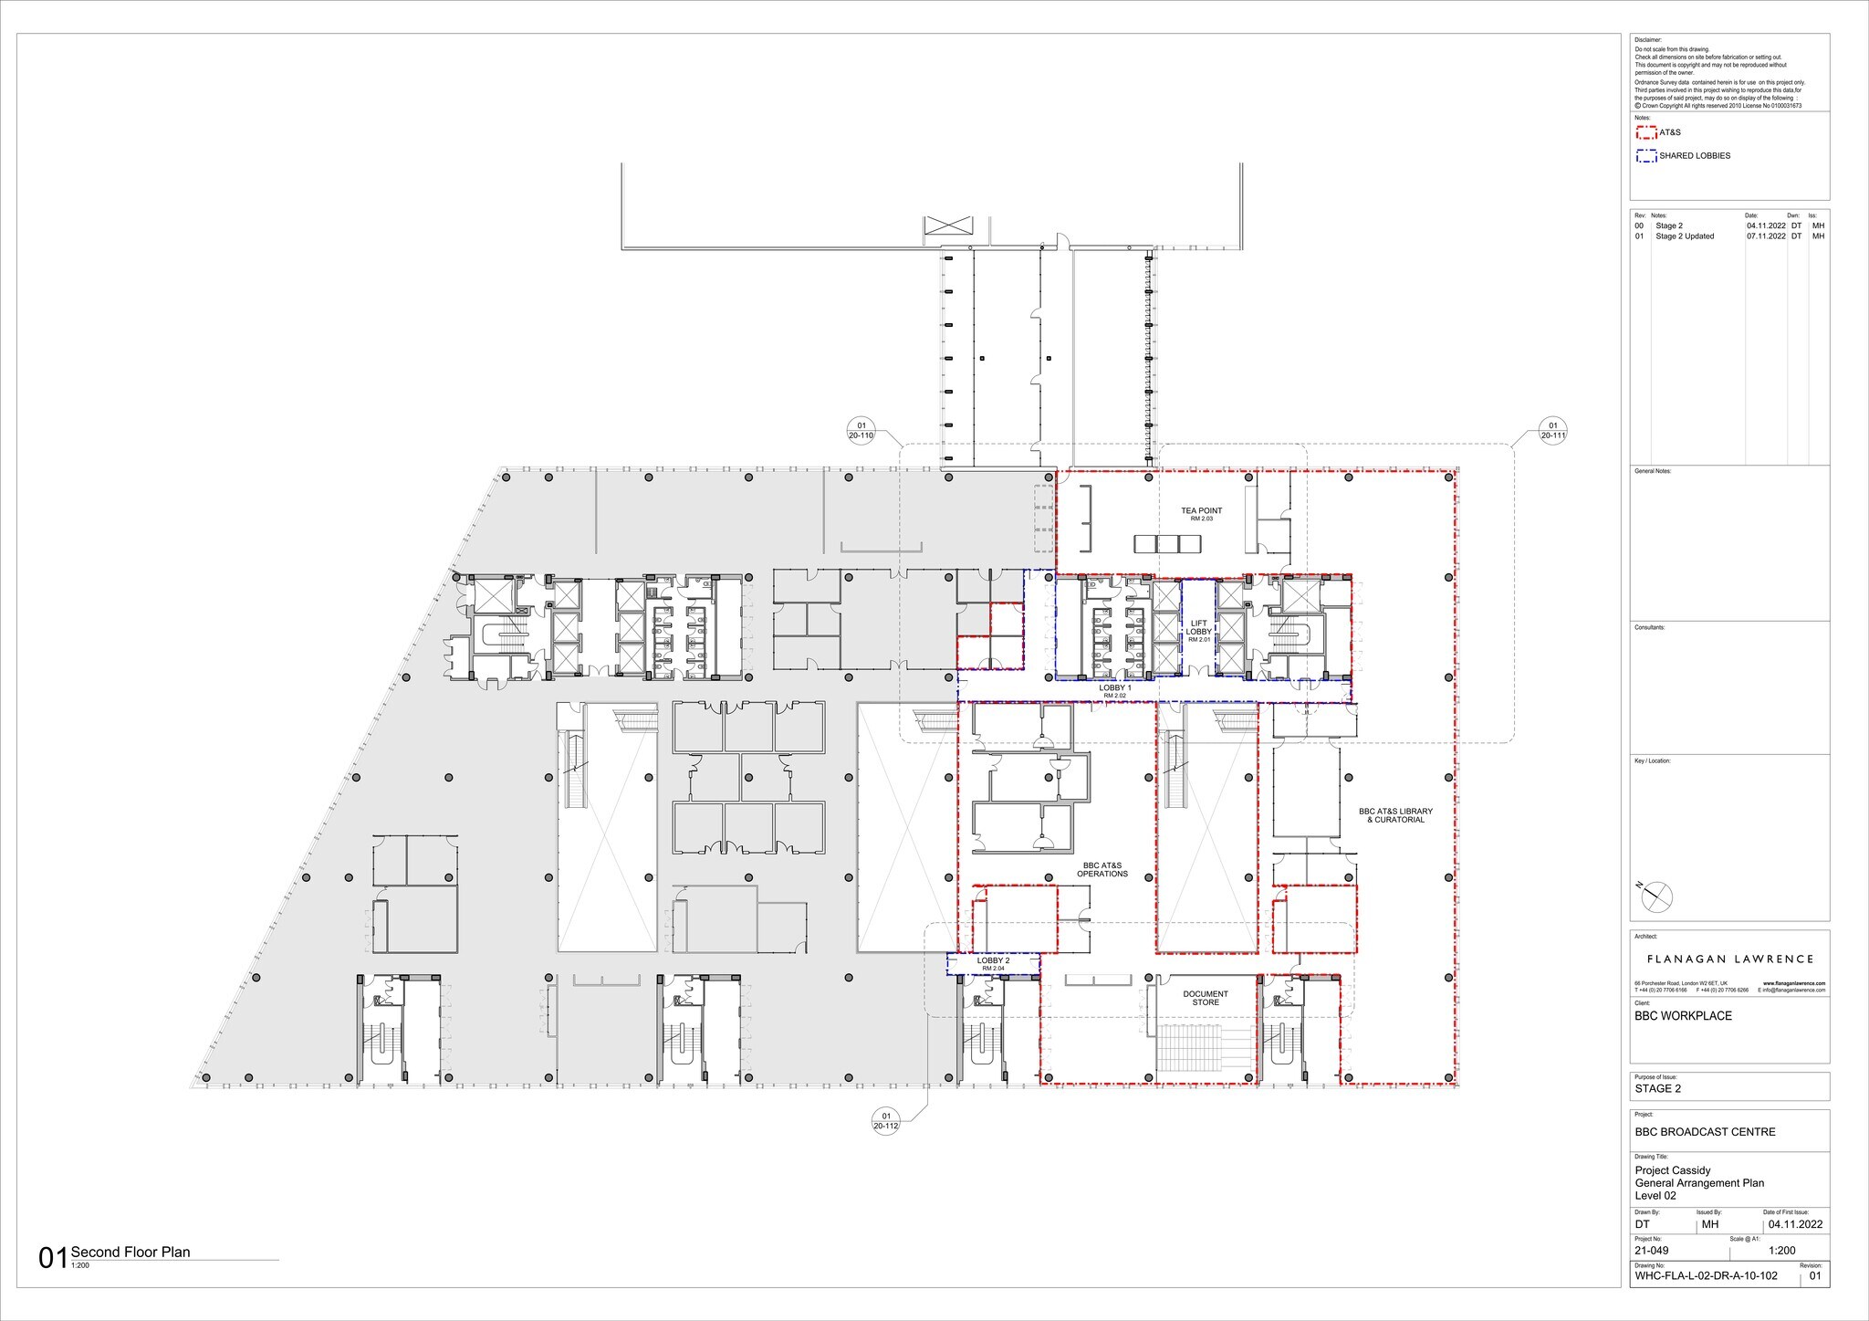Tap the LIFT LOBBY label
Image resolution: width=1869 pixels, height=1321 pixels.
pyautogui.click(x=1198, y=631)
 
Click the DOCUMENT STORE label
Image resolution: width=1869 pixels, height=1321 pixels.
pyautogui.click(x=1206, y=998)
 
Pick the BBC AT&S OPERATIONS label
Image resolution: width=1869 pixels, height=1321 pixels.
pyautogui.click(x=1102, y=869)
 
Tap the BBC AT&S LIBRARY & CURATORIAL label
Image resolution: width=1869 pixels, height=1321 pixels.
pyautogui.click(x=1395, y=815)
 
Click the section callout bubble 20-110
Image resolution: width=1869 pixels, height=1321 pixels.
pyautogui.click(x=861, y=430)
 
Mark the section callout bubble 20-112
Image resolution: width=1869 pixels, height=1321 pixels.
pyautogui.click(x=885, y=1120)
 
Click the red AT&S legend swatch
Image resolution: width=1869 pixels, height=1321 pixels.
pyautogui.click(x=1646, y=132)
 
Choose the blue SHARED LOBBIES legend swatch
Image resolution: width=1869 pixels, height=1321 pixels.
pyautogui.click(x=1646, y=156)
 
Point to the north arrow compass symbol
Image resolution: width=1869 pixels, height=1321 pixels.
pyautogui.click(x=1656, y=897)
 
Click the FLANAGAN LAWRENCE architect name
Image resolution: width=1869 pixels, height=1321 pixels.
pyautogui.click(x=1729, y=959)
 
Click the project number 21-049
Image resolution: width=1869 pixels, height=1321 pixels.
pyautogui.click(x=1653, y=1251)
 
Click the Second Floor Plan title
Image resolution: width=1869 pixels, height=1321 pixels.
pyautogui.click(x=131, y=1253)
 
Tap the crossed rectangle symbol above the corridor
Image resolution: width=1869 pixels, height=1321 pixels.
pyautogui.click(x=948, y=226)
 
